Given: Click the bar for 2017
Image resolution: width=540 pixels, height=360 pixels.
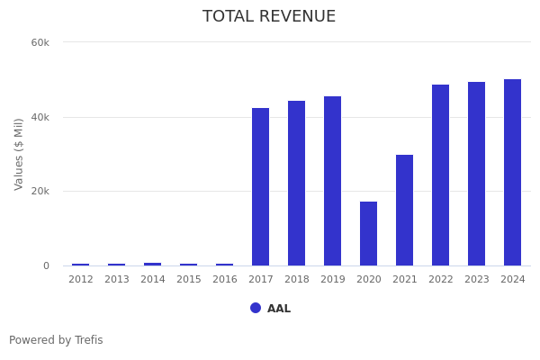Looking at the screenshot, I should [x=260, y=187].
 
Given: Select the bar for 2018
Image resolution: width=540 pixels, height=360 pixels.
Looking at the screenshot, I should [x=296, y=184].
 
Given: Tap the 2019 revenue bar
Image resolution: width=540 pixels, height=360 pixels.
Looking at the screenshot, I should [x=332, y=181].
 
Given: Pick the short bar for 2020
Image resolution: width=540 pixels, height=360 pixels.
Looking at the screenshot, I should [x=368, y=234].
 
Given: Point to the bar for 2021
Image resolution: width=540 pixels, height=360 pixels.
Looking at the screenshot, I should [x=404, y=211].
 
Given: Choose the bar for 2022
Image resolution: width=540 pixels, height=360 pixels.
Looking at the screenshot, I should [x=440, y=175].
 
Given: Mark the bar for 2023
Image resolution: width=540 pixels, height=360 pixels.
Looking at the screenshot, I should [x=476, y=174].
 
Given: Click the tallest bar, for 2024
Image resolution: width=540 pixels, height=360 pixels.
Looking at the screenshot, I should [x=512, y=173].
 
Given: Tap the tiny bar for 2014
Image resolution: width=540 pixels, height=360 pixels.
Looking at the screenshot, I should [x=152, y=264].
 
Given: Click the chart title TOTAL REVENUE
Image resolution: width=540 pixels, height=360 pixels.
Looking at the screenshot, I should [x=269, y=17].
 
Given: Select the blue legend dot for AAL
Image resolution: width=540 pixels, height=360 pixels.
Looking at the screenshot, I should [x=256, y=308].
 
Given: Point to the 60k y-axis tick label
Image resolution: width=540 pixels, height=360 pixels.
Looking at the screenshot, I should [x=40, y=42].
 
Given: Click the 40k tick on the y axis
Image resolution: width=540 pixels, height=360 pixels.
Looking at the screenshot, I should [x=40, y=117].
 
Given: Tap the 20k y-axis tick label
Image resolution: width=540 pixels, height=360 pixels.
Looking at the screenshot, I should [x=40, y=192].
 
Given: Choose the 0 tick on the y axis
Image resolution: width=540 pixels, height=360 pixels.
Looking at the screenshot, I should [x=45, y=265].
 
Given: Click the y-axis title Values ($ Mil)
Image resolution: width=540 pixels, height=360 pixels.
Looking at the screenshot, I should [x=19, y=154].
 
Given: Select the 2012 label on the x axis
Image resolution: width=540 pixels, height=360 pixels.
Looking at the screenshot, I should [x=81, y=280].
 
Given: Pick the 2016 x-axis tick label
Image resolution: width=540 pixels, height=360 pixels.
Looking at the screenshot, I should [x=225, y=280].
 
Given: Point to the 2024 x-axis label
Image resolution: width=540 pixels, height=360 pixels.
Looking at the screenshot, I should [x=513, y=280].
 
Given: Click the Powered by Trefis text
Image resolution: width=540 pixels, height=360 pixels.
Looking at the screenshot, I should [x=56, y=340].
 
